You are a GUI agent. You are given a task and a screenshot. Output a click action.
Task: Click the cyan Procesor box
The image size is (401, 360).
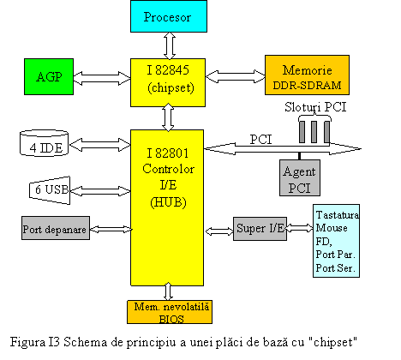coord(169,16)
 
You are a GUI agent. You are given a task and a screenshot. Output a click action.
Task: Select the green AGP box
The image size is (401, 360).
coord(49,76)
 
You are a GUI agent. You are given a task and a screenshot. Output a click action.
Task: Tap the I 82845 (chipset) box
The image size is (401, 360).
coord(168,82)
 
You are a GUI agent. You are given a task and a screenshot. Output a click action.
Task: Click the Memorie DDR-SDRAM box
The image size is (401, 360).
coord(307,75)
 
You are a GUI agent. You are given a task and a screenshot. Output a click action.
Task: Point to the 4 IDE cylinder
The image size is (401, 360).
coord(44,143)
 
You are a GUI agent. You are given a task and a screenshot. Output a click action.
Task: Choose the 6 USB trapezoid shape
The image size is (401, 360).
coord(50,190)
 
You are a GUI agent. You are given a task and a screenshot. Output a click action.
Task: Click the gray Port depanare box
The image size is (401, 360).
coord(56,228)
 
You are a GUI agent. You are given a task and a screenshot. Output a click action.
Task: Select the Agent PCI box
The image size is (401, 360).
coord(300,177)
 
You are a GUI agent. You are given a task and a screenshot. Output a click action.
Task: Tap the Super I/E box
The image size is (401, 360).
coord(260,229)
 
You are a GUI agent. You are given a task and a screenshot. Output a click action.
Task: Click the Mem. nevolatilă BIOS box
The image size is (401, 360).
coord(170,312)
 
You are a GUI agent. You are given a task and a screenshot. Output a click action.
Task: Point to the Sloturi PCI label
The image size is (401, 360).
coord(315,107)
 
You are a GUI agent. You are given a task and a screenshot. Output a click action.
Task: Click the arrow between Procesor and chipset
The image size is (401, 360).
coord(170,45)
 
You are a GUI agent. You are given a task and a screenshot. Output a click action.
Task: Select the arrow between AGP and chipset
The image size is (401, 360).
coord(102,78)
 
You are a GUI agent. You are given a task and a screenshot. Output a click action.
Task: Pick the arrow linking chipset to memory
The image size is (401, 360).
coord(236,76)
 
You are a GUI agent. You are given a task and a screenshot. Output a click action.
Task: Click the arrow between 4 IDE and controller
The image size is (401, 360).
coord(99,145)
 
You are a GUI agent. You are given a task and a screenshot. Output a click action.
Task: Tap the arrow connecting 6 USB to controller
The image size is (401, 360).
coord(100,191)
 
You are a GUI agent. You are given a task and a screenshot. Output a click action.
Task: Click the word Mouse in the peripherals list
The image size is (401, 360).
coord(332,228)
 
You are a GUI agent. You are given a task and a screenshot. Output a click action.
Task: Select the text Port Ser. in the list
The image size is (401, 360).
coord(335,268)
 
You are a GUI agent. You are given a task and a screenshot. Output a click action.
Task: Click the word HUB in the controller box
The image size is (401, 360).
coord(168,202)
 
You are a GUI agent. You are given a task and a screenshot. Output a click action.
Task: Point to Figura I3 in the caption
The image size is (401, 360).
coord(35,343)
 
